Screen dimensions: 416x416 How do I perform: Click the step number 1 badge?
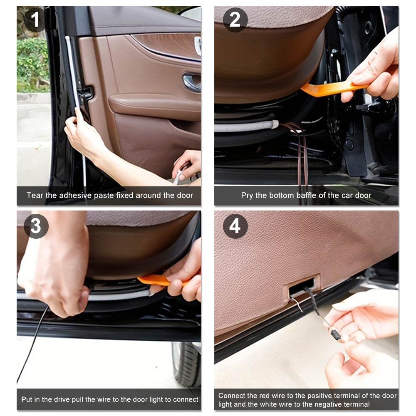(35, 20)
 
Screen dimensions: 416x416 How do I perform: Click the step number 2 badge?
(235, 20)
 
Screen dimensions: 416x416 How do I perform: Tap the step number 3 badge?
(36, 226)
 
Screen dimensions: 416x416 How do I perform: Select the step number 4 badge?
(235, 226)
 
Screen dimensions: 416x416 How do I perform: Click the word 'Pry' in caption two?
(247, 196)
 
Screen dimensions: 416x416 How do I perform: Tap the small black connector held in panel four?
(335, 335)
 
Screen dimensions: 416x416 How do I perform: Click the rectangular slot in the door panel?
(303, 287)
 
